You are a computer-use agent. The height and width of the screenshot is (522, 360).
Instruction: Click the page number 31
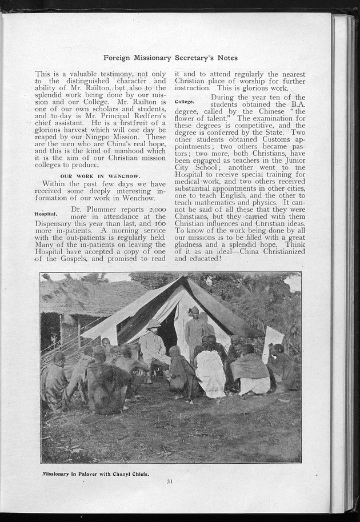(170, 481)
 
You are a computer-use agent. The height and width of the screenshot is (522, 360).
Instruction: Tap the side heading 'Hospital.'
(46, 213)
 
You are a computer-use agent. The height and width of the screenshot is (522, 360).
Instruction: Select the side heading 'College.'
(186, 102)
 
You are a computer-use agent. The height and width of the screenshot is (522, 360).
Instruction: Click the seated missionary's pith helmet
(153, 324)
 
